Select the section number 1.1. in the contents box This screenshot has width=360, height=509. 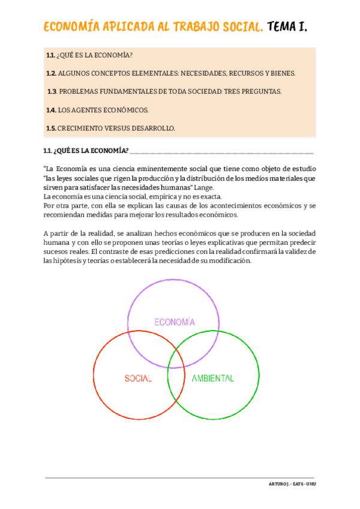pos(50,55)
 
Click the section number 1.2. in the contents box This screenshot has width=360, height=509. pos(51,73)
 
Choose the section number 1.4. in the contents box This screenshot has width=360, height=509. pos(51,110)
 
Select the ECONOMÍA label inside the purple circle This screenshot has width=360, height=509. pos(175,322)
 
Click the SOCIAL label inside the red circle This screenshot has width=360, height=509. pos(138,379)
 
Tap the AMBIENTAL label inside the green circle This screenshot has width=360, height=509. pos(212,379)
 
